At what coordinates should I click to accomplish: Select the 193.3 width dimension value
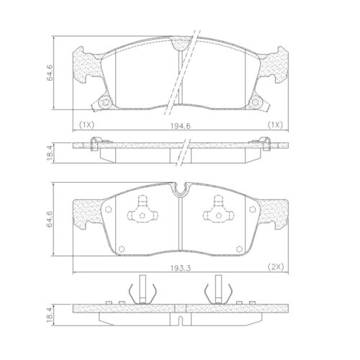[x=181, y=266]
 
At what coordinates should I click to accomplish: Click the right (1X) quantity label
[x=274, y=125]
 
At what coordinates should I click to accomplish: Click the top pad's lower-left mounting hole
[x=106, y=102]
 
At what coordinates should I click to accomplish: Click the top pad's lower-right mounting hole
[x=254, y=102]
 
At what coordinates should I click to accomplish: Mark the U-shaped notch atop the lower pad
[x=180, y=192]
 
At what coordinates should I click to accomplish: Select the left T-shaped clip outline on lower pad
[x=143, y=213]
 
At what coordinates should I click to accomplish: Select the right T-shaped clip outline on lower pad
[x=216, y=213]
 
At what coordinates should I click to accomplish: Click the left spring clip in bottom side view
[x=140, y=292]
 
